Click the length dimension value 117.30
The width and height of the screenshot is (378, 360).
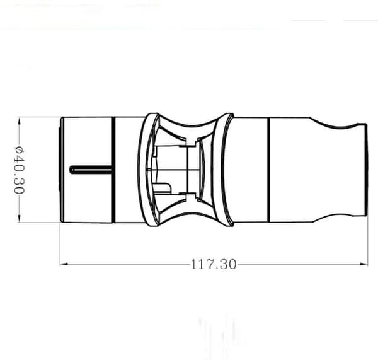[x=214, y=264]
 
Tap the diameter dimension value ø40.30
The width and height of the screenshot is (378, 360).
[x=20, y=170]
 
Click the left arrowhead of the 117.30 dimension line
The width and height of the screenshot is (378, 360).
[x=64, y=264]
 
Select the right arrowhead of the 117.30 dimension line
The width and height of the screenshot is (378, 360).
[x=364, y=264]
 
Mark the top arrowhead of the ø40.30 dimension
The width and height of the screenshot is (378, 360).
[x=20, y=121]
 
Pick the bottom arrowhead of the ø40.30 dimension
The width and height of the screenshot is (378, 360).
[x=20, y=218]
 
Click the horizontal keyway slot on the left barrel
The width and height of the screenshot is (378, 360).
[x=91, y=170]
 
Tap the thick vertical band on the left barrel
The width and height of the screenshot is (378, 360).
[x=113, y=170]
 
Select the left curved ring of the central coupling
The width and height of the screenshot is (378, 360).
[x=142, y=170]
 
